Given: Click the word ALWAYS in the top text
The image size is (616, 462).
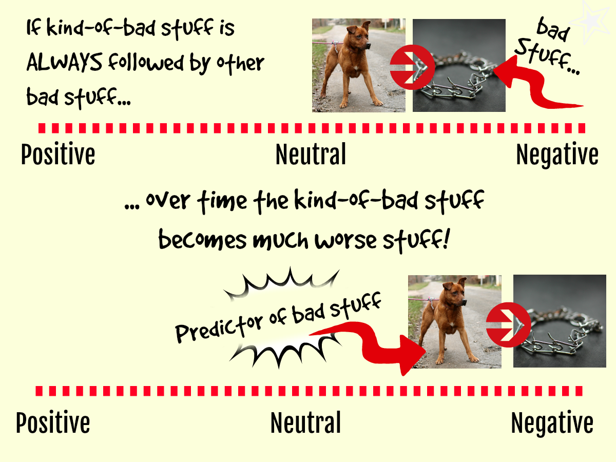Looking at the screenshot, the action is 64,62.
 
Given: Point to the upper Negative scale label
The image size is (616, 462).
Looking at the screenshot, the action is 557,155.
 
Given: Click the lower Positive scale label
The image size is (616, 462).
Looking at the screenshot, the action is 53,422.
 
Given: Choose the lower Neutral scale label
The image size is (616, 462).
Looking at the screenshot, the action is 305,422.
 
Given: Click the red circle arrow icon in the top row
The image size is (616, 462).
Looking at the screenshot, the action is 413,67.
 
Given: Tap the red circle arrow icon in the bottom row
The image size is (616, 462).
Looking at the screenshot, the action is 509,325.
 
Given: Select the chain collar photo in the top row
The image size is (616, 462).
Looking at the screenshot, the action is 459,65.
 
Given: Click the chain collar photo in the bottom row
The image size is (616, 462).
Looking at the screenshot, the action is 560,321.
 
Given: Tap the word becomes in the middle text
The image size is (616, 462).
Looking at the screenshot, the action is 203,239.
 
